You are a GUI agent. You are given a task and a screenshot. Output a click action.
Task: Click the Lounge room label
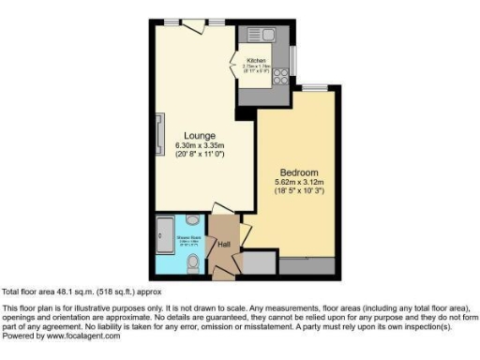pos(201,134)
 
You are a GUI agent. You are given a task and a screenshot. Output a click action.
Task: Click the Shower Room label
pos(172,238)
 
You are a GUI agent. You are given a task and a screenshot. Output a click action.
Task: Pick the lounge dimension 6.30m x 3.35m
pos(201,146)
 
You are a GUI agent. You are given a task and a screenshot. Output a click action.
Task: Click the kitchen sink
pos(265,37)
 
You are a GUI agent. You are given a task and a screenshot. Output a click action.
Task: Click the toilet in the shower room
pos(192,262)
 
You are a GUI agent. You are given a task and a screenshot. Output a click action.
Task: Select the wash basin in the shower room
pos(191,221)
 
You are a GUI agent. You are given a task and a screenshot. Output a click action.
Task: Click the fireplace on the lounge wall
pos(157,127)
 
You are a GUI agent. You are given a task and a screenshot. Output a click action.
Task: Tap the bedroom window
pos(315,88)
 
